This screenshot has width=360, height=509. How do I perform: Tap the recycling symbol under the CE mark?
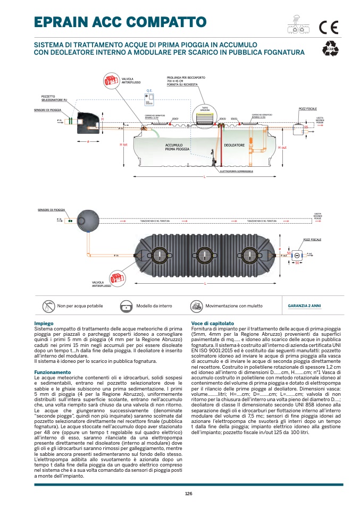click(x=330, y=49)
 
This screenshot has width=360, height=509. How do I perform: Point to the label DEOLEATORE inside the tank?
click(x=234, y=145)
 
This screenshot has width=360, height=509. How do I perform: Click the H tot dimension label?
click(x=123, y=145)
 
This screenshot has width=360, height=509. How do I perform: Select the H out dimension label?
click(x=282, y=147)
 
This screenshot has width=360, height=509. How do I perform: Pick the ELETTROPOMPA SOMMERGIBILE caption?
click(x=236, y=172)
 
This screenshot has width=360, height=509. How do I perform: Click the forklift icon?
click(x=196, y=306)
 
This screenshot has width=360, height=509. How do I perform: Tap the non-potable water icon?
click(x=48, y=306)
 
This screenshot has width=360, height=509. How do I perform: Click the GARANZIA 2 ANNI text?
click(x=304, y=306)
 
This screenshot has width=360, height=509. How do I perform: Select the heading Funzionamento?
click(x=52, y=372)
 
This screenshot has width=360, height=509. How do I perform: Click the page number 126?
click(x=188, y=494)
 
